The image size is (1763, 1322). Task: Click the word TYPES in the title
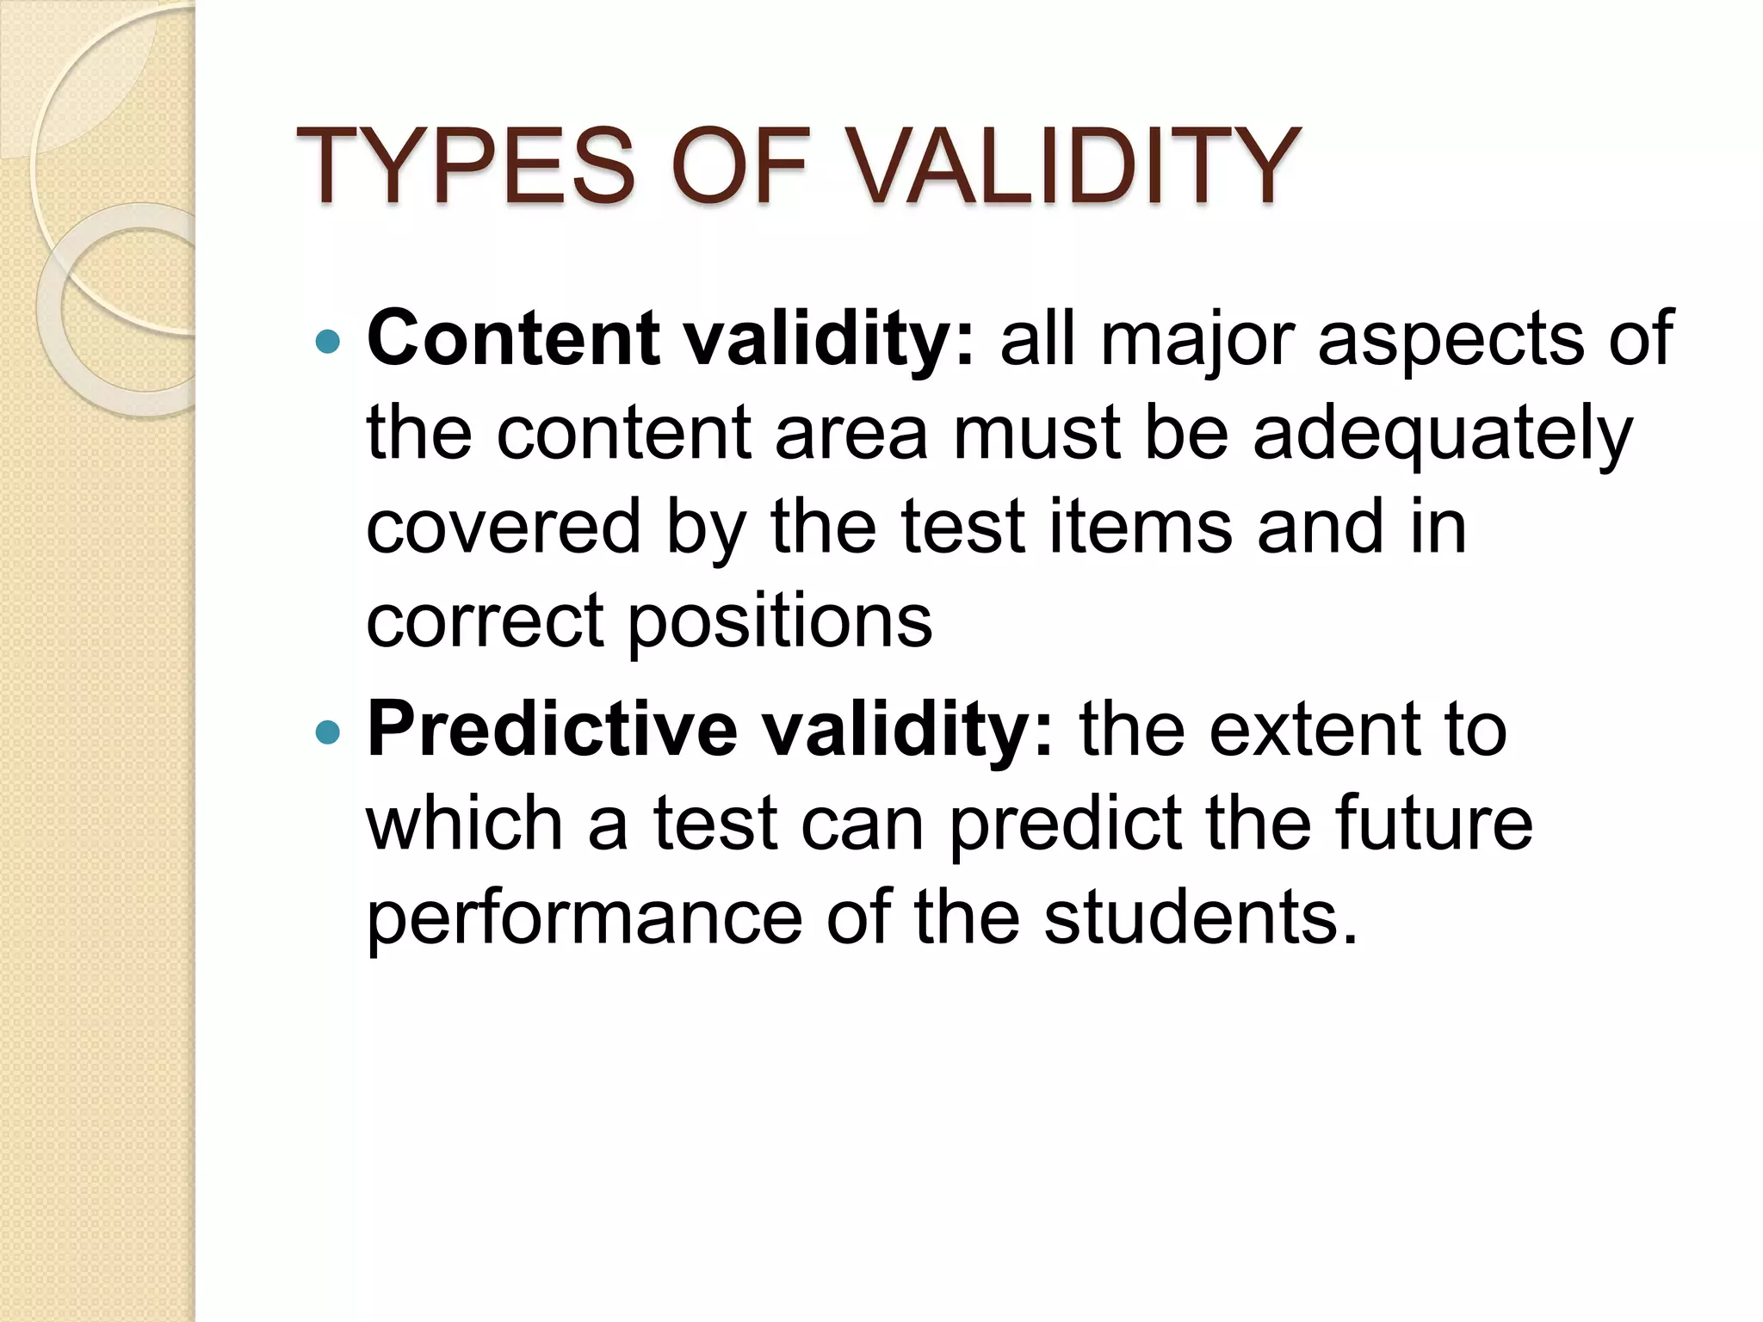[465, 165]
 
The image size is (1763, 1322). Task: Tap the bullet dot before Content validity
[328, 343]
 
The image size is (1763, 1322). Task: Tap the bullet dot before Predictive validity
[328, 732]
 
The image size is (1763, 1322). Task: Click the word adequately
[1442, 435]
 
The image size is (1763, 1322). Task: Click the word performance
[585, 919]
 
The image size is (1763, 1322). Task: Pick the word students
[1200, 917]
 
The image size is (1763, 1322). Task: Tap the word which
[465, 824]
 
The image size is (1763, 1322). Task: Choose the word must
[1036, 435]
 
